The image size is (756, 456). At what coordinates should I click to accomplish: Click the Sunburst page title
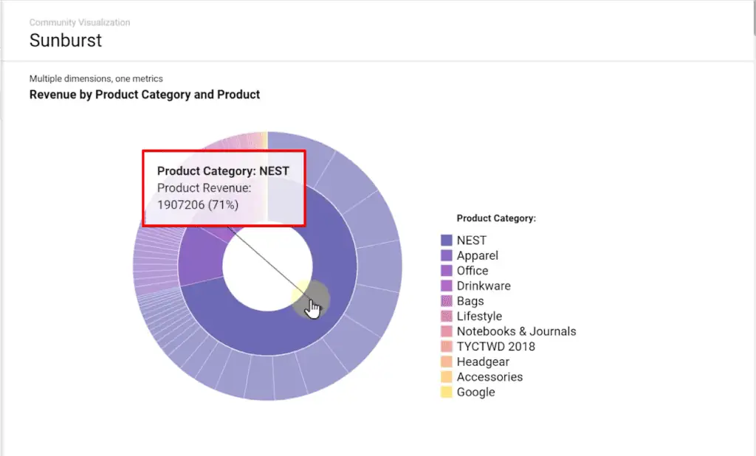[66, 40]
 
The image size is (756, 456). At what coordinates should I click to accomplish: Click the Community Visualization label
[80, 23]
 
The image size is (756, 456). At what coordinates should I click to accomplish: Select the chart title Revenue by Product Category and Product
[145, 94]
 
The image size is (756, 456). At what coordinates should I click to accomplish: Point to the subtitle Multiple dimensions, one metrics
[96, 78]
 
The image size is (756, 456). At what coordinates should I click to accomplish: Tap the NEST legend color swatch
[446, 241]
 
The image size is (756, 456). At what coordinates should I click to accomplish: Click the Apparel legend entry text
[477, 255]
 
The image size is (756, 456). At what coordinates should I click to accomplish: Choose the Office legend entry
[472, 271]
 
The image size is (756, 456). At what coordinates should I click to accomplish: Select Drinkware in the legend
[483, 286]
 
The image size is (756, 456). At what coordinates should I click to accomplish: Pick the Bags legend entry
[470, 301]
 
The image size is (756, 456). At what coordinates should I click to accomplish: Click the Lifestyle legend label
[479, 317]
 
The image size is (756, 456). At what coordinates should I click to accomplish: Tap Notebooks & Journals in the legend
[516, 331]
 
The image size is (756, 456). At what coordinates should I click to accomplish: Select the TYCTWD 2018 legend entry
[495, 347]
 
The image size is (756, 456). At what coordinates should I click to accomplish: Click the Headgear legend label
[483, 362]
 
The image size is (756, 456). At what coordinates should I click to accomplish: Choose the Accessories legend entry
[489, 377]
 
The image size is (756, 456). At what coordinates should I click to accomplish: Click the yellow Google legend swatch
[446, 392]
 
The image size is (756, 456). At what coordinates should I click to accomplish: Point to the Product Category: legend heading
[496, 218]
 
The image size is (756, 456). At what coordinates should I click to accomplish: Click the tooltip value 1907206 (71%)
[198, 204]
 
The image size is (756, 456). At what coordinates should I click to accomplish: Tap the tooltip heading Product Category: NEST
[223, 171]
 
